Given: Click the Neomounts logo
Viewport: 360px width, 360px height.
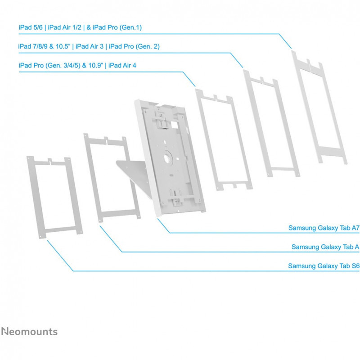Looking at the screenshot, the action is coord(29,332).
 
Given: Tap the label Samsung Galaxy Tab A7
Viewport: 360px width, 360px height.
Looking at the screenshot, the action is coord(324,228).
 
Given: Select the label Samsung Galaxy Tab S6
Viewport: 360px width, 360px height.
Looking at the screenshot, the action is coord(324,266).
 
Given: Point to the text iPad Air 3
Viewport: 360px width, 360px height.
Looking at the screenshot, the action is coord(90,46).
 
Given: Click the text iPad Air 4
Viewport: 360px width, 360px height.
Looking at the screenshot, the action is coord(122,65).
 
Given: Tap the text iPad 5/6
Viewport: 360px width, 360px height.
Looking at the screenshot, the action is coord(31,27).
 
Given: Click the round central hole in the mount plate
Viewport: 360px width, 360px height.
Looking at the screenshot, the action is coord(167,158).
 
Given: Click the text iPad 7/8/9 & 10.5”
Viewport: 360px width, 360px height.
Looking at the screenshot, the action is coord(44,46).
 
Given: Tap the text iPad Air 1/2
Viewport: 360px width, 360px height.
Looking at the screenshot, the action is coord(64,27).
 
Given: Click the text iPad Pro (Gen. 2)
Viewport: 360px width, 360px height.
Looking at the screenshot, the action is coord(134,46).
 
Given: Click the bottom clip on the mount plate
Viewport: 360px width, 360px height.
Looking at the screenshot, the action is coord(176,196).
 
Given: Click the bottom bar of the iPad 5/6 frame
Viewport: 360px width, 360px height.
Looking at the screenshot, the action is coord(331,151).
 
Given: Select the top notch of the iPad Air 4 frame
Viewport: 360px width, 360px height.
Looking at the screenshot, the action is coord(216,97).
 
